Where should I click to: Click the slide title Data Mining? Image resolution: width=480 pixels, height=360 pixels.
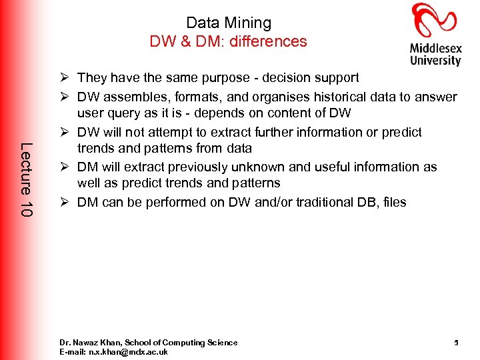coord(229,23)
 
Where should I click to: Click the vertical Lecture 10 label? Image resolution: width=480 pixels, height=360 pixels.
coord(26,178)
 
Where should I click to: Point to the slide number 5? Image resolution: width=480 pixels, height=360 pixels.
coord(456,343)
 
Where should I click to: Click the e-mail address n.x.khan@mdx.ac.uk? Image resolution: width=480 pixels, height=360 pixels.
coord(130,351)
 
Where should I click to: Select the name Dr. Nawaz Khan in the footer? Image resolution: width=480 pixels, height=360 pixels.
coord(87,343)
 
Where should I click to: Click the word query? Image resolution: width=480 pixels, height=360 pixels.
coord(125,114)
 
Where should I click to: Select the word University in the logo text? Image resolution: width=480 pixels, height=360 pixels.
coord(435,60)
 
